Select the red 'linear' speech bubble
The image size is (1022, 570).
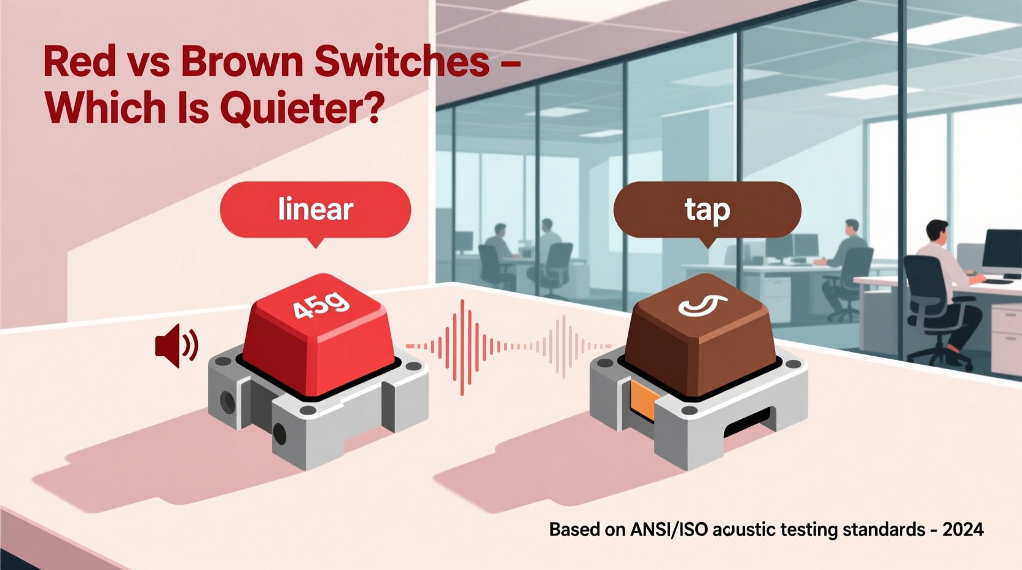coord(315,209)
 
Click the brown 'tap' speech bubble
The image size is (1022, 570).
coord(707,209)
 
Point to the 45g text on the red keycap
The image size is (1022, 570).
coord(321,305)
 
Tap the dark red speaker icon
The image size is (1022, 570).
coord(176,345)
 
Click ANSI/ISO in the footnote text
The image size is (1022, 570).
coord(669,529)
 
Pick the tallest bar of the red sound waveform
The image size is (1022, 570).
coord(462,347)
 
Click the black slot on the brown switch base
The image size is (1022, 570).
coord(746,423)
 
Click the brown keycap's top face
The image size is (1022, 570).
coord(700,310)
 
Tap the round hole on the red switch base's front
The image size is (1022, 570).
coord(279,434)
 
